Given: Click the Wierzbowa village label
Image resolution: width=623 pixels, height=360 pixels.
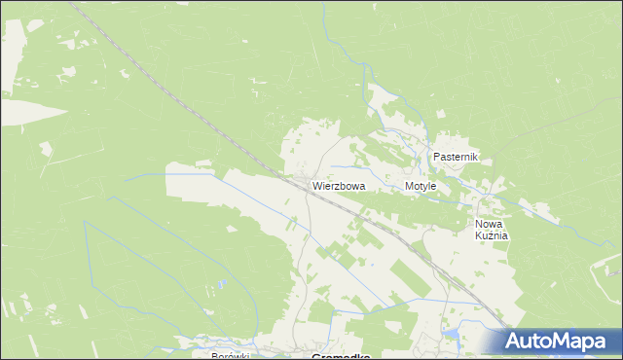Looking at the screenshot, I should (339, 185).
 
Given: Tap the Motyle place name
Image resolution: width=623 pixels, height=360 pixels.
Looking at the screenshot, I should (421, 185).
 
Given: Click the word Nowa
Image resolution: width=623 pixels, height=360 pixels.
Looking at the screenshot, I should (490, 223).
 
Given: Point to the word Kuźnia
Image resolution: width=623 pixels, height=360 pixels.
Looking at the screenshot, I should (493, 235).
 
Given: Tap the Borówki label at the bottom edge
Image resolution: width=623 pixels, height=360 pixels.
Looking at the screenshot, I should (231, 356).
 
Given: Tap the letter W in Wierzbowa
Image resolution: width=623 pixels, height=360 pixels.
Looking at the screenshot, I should (317, 185).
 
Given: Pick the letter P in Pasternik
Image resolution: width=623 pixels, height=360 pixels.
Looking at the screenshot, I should (437, 157).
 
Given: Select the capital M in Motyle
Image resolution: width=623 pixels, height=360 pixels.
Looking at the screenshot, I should (409, 185).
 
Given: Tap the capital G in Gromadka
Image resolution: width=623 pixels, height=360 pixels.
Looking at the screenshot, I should (315, 356).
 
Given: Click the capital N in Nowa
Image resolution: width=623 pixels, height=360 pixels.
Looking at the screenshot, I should (479, 223).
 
